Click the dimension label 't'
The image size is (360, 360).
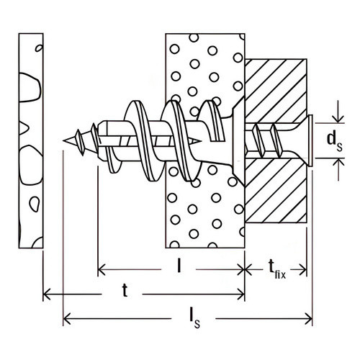[125, 290]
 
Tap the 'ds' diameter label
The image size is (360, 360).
[335, 142]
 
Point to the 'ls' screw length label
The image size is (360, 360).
[194, 318]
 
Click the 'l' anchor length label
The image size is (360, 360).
[179, 266]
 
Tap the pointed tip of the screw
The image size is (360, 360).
[63, 140]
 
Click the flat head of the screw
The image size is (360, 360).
[310, 140]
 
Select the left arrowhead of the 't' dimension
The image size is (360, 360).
[47, 294]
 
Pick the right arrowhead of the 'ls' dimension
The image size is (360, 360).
[309, 319]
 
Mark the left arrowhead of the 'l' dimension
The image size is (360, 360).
[102, 269]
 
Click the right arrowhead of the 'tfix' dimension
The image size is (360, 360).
[303, 269]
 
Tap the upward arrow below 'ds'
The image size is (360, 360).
[338, 169]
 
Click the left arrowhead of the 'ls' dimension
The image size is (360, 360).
[67, 319]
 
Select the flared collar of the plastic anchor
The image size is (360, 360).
[238, 141]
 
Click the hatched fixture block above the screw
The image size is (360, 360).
[276, 91]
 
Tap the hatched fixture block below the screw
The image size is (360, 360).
[276, 190]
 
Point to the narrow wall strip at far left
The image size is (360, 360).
[31, 140]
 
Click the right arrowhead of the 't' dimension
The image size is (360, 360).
[240, 294]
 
